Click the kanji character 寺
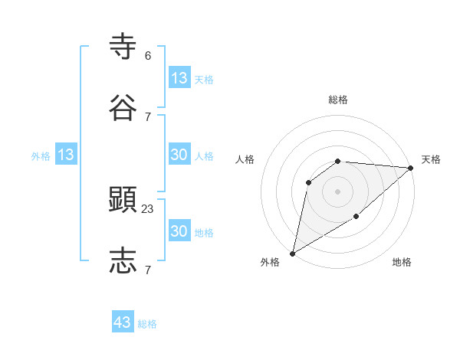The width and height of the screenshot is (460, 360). click(x=123, y=47)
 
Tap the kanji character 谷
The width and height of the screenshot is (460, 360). click(x=123, y=108)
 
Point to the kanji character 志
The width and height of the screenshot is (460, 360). click(x=123, y=261)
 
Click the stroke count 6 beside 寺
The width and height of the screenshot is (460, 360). click(x=147, y=56)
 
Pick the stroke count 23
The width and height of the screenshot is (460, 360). click(x=148, y=208)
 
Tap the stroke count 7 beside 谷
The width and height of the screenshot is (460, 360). click(x=147, y=116)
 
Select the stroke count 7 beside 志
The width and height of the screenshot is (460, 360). click(x=147, y=270)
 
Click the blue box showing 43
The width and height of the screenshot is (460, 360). click(x=123, y=322)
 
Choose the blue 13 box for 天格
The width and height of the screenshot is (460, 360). click(x=179, y=78)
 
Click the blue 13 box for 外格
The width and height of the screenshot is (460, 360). click(x=66, y=155)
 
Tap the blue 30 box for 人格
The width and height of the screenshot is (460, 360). click(x=179, y=155)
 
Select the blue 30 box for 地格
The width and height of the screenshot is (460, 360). click(x=179, y=231)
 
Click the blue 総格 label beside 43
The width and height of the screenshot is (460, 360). click(x=147, y=324)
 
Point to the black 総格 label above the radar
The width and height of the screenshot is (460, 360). click(x=338, y=100)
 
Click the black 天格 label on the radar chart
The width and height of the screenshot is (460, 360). click(x=431, y=159)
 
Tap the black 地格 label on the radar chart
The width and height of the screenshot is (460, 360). click(x=402, y=263)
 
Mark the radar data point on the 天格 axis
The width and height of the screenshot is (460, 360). click(x=411, y=168)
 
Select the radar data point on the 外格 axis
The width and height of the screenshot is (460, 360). click(x=292, y=254)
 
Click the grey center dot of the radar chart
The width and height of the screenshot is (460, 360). click(x=338, y=191)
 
